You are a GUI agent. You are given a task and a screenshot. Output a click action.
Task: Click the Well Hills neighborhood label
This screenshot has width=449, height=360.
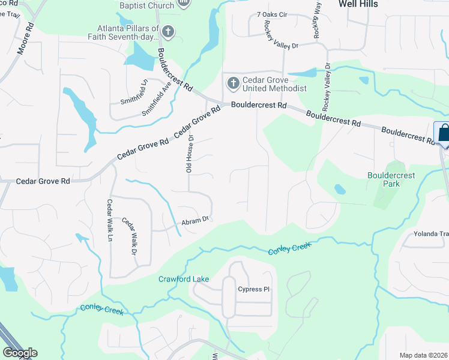(358, 4)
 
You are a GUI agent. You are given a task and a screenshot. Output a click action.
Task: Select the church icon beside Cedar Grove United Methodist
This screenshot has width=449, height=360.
(232, 83)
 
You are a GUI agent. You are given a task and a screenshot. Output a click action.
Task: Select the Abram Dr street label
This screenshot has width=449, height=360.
(194, 221)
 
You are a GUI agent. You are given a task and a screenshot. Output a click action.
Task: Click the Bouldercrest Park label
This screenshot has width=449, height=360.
(391, 179)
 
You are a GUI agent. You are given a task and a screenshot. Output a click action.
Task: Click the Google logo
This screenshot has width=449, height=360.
(20, 353)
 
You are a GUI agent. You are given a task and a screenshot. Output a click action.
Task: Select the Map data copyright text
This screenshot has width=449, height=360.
(423, 355)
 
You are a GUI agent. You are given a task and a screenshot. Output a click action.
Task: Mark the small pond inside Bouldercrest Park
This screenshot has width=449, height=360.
(340, 190)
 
